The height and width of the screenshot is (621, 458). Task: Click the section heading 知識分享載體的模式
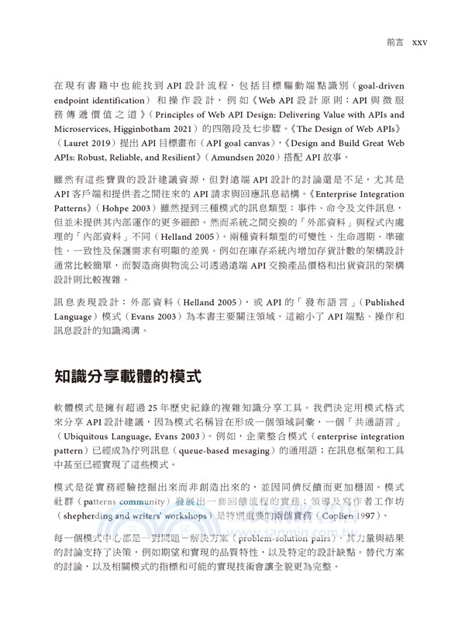[x=128, y=378]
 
